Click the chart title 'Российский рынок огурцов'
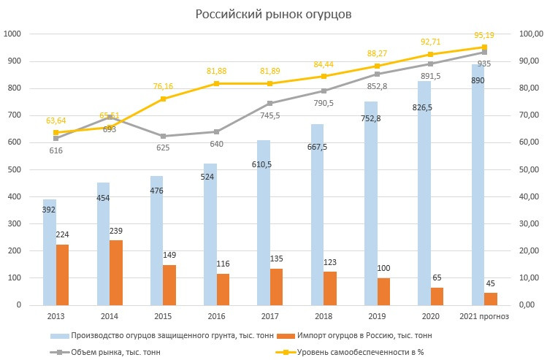point(273,14)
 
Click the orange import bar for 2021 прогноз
point(491,299)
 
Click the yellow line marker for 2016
point(216,84)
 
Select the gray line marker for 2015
point(163,136)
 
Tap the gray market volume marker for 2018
point(324,91)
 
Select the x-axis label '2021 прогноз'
point(483,316)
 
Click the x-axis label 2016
point(216,316)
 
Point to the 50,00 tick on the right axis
point(528,169)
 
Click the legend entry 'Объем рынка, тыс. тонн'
point(117,351)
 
